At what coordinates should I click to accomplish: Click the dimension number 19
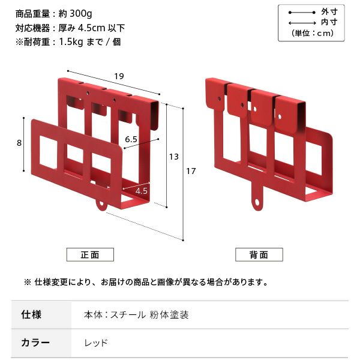coord(118,76)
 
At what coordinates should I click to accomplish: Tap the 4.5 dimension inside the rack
coord(142,190)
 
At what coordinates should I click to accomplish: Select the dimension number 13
coord(174,157)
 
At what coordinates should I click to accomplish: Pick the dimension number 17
coord(191,172)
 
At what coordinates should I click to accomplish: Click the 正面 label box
coord(90,254)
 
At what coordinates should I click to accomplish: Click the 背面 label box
coord(259,254)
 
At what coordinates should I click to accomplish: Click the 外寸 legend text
coord(329,11)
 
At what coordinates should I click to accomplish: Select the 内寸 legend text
coord(329,22)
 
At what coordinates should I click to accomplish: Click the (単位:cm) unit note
coord(313,33)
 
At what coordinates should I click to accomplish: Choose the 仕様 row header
coord(31,314)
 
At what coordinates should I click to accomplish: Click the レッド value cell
coord(96,343)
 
